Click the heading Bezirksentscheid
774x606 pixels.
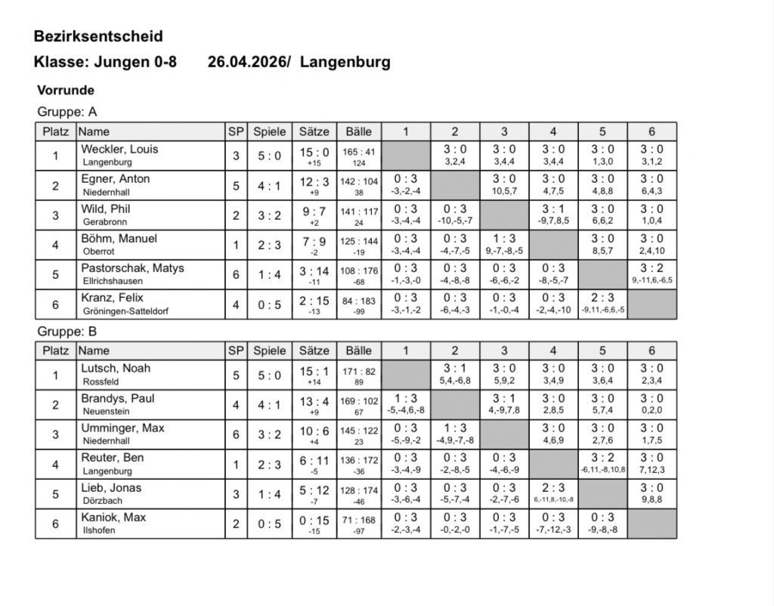(x=98, y=36)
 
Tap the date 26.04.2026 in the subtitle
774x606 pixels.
(x=246, y=62)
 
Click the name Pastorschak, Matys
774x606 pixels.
(x=132, y=268)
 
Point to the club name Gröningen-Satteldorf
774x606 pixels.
(x=135, y=311)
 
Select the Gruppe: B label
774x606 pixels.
(x=67, y=331)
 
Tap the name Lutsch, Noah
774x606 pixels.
(x=116, y=368)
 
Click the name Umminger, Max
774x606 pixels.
(x=122, y=428)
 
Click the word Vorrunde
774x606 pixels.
(x=66, y=90)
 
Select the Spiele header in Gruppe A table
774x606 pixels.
(x=269, y=131)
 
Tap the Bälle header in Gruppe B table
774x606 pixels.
(x=358, y=351)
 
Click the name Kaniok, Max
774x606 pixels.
(x=114, y=517)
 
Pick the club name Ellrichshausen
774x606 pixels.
(x=113, y=281)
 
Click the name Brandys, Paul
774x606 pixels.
(x=118, y=398)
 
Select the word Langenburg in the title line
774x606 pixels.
(x=345, y=62)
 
